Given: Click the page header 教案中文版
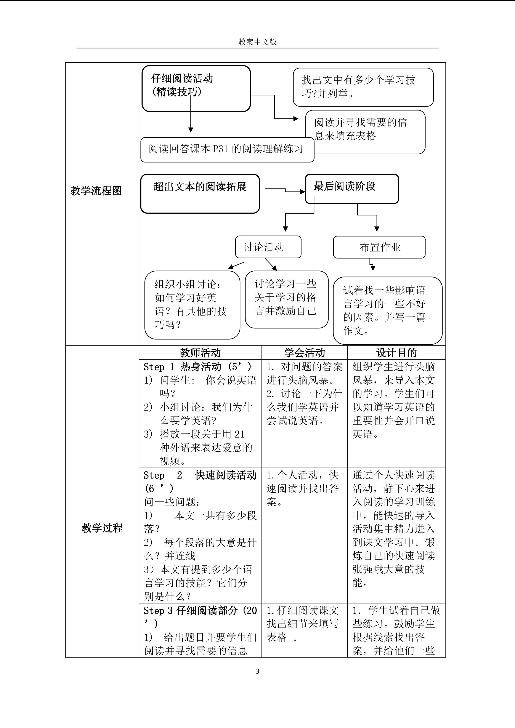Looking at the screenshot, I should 257,42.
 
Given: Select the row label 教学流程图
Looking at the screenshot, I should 96,190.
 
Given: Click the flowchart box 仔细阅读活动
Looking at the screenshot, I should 196,88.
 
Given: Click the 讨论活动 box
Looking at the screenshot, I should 268,247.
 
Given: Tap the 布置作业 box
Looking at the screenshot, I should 379,247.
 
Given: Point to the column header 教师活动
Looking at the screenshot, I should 200,353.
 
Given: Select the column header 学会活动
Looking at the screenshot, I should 304,353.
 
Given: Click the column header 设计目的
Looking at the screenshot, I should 396,353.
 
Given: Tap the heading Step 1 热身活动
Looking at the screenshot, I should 197,367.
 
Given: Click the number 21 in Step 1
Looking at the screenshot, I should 239,434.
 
